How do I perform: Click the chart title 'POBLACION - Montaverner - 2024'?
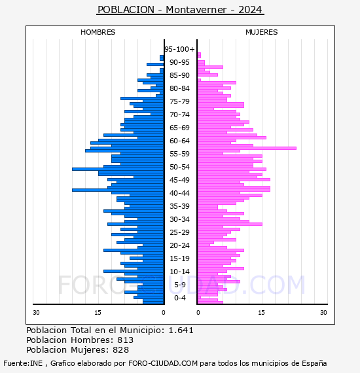click(180, 10)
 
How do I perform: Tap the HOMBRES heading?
click(98, 32)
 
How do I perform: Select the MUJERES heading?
click(262, 32)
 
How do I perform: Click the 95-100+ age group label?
click(179, 49)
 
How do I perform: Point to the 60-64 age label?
click(179, 141)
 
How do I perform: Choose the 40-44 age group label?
click(179, 193)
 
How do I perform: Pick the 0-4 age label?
click(179, 298)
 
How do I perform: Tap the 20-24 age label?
click(179, 245)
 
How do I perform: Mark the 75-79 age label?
click(179, 101)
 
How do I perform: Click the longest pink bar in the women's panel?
click(247, 148)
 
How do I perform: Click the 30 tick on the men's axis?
click(36, 312)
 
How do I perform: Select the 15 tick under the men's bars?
click(98, 312)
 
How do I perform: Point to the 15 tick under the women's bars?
click(262, 312)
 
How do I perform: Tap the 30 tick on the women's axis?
click(323, 312)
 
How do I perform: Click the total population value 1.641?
click(181, 330)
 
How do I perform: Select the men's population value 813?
click(126, 340)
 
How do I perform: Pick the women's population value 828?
click(121, 350)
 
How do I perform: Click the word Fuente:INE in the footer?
click(23, 363)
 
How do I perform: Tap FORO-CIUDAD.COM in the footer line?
click(163, 363)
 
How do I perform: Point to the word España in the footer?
click(314, 364)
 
